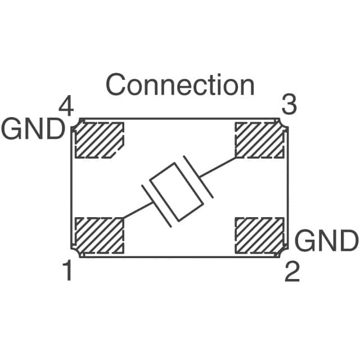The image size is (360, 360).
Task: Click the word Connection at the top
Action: (x=180, y=85)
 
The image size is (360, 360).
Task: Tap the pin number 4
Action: (x=66, y=106)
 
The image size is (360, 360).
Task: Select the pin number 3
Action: (x=289, y=105)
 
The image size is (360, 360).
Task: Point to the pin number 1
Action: (x=67, y=272)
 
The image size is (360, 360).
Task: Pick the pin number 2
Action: (x=291, y=273)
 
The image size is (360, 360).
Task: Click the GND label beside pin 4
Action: (x=33, y=130)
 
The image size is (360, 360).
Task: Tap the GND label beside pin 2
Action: (x=326, y=241)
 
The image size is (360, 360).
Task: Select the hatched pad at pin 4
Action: (x=99, y=140)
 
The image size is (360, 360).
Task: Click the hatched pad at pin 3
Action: (x=259, y=140)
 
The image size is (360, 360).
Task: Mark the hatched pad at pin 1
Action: (x=99, y=235)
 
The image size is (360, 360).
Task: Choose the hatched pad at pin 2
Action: (x=259, y=235)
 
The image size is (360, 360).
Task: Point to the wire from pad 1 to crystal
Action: (x=134, y=210)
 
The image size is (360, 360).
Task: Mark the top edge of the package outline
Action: (x=180, y=119)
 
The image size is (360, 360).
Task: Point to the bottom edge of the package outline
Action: (x=180, y=256)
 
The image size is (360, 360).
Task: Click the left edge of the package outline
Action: (x=71, y=188)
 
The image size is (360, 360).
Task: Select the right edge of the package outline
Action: (x=287, y=188)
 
